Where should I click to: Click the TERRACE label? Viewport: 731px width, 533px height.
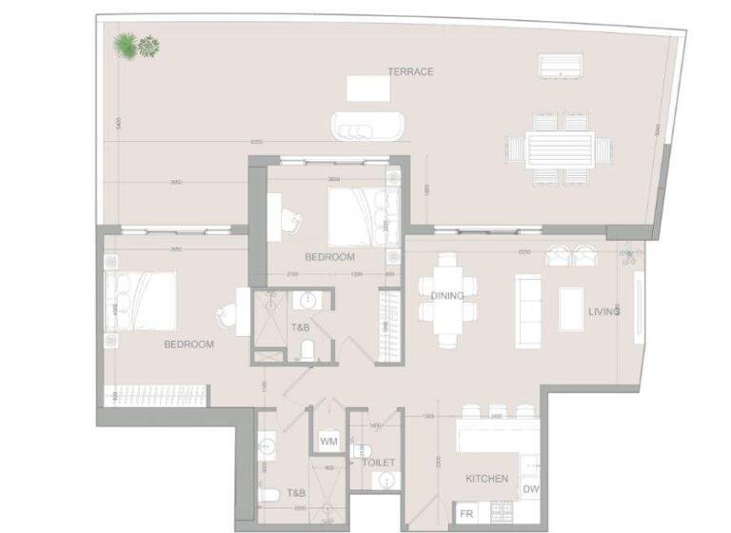click(410, 72)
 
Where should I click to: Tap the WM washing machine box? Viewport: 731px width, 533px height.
click(329, 442)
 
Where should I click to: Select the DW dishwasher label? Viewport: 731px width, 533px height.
click(529, 489)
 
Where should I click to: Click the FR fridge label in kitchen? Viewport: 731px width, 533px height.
click(466, 514)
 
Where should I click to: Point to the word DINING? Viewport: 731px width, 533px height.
click(446, 296)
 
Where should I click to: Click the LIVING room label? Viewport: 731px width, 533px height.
click(604, 311)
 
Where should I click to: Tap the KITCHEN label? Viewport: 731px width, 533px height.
click(486, 479)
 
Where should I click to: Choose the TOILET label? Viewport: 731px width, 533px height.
click(378, 463)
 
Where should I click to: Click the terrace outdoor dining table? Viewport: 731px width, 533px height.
click(560, 148)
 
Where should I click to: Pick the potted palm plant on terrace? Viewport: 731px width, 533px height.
click(126, 44)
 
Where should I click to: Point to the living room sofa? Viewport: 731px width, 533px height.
click(527, 309)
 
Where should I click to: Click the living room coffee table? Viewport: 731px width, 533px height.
click(571, 308)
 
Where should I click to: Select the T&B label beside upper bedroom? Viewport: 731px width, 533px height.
click(300, 327)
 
